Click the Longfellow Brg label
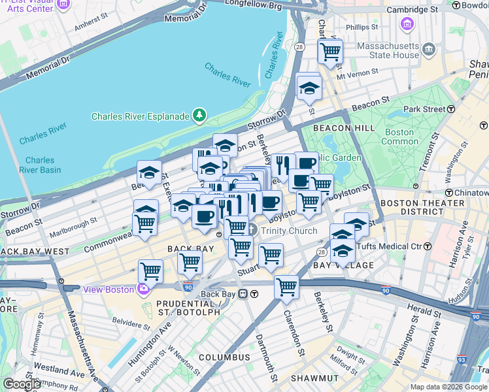click(253, 5)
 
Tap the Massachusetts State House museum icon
click(428, 49)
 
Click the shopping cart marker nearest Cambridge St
click(330, 51)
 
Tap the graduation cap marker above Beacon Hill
click(309, 88)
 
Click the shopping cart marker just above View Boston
click(150, 270)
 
